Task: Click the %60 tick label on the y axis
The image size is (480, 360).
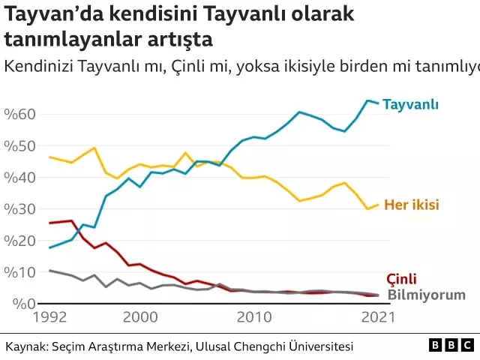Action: [x=19, y=114]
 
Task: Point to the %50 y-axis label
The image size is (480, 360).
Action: [x=19, y=145]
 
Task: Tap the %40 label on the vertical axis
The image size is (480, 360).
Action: [x=19, y=177]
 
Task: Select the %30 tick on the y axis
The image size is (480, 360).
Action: [x=19, y=208]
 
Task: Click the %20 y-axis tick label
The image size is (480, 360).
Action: [x=19, y=240]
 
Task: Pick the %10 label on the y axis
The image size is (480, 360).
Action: [x=19, y=271]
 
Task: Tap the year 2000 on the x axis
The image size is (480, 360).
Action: [x=140, y=319]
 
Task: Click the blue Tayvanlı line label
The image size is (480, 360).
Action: [x=410, y=104]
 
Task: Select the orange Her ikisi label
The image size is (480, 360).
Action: [x=411, y=205]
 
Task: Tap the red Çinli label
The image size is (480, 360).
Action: [x=401, y=279]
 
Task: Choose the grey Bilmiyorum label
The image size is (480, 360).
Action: [x=426, y=295]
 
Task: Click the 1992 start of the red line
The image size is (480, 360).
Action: [x=49, y=223]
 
